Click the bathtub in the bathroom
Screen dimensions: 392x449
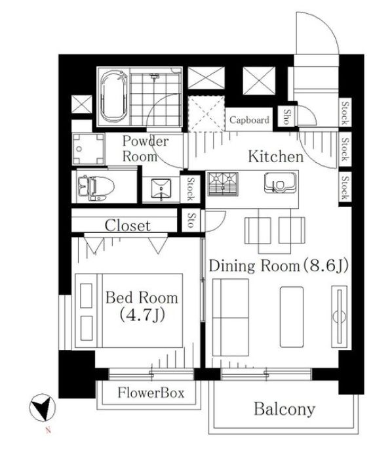pos(114,96)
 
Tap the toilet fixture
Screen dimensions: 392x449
pos(96,188)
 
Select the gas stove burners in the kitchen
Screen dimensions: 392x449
pos(223,184)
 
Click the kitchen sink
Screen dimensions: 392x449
pos(279,182)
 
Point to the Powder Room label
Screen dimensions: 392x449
pos(146,148)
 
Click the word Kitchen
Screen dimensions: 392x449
pos(275,157)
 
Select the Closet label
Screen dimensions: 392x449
pos(128,225)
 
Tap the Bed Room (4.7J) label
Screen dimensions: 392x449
pos(142,306)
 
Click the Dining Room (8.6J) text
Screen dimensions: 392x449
pos(279,266)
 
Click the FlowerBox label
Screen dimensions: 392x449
pos(151,393)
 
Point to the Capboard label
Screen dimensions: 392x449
pos(249,119)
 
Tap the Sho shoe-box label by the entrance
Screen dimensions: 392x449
pos(286,117)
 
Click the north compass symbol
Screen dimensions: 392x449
pos(43,408)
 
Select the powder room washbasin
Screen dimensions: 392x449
pos(161,189)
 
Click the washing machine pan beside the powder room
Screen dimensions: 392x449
pos(88,149)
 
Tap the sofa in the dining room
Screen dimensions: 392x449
pos(231,317)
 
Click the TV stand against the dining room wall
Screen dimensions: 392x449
pos(340,316)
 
